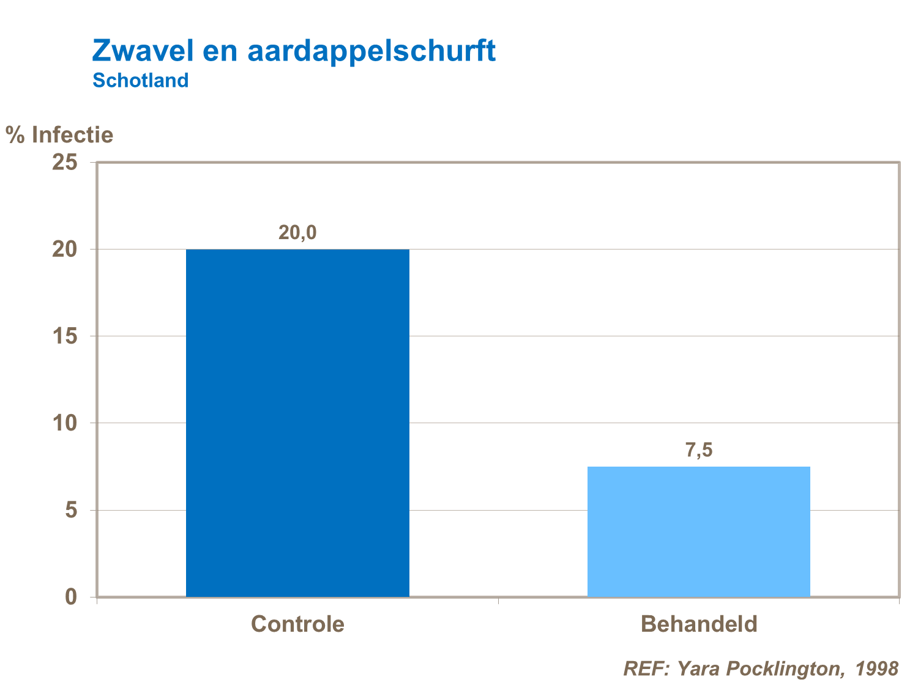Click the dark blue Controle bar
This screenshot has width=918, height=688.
pyautogui.click(x=297, y=423)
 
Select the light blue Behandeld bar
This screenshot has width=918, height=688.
pyautogui.click(x=698, y=531)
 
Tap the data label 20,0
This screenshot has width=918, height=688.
pyautogui.click(x=297, y=233)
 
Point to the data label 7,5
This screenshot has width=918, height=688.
pyautogui.click(x=698, y=451)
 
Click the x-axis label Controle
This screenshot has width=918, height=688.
pyautogui.click(x=297, y=624)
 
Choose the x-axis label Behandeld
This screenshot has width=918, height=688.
pyautogui.click(x=698, y=624)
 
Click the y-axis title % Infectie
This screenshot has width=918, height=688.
pyautogui.click(x=59, y=135)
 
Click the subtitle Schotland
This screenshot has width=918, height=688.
pyautogui.click(x=140, y=80)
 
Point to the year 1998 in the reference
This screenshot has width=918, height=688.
pyautogui.click(x=877, y=668)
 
